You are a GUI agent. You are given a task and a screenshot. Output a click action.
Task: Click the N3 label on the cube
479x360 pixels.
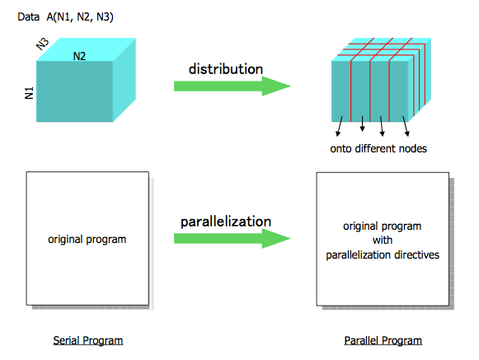pyautogui.click(x=43, y=44)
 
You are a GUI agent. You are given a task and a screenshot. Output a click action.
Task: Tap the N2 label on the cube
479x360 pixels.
pyautogui.click(x=79, y=56)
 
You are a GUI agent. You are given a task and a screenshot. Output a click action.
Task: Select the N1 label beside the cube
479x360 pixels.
pyautogui.click(x=29, y=93)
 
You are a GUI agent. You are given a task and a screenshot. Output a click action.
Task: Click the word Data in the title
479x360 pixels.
pyautogui.click(x=28, y=16)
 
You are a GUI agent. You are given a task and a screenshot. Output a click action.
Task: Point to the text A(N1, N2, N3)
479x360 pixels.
pyautogui.click(x=80, y=17)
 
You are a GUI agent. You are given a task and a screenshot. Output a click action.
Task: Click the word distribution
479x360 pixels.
pyautogui.click(x=226, y=69)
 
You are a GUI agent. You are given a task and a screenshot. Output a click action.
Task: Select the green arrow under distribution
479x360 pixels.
pyautogui.click(x=232, y=86)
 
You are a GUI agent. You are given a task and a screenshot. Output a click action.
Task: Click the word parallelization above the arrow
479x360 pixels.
pyautogui.click(x=226, y=222)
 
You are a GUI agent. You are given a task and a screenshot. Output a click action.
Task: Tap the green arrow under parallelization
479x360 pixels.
pyautogui.click(x=232, y=238)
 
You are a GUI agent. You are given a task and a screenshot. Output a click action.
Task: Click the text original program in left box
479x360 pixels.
pyautogui.click(x=87, y=240)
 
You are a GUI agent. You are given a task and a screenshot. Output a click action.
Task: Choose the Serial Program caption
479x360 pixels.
pyautogui.click(x=88, y=340)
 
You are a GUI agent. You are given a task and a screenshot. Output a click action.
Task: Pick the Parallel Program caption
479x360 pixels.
pyautogui.click(x=383, y=340)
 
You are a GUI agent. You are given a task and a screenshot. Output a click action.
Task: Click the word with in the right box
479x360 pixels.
pyautogui.click(x=383, y=240)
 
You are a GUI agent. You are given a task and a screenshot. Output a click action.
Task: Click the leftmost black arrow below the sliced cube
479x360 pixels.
pyautogui.click(x=339, y=126)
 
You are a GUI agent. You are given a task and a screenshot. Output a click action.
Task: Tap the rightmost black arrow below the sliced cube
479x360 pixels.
pyautogui.click(x=406, y=126)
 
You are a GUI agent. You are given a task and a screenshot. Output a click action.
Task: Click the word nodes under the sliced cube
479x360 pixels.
pyautogui.click(x=414, y=149)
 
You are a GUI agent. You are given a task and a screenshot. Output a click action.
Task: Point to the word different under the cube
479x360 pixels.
pyautogui.click(x=377, y=149)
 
